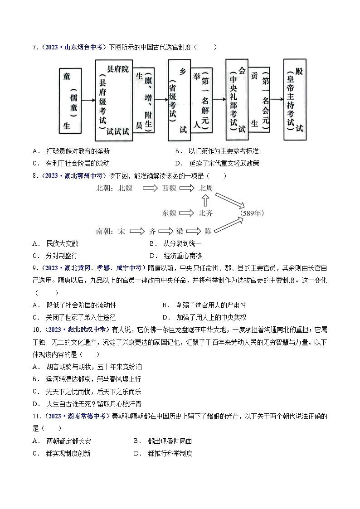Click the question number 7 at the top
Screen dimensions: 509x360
pos(35,47)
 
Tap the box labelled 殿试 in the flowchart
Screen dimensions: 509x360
pos(294,99)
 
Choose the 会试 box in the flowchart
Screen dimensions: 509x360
pos(237,99)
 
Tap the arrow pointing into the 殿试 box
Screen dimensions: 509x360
pos(277,99)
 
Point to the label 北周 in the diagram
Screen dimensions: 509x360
pos(205,188)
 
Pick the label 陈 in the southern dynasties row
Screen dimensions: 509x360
pos(208,231)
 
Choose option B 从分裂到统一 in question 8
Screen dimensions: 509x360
pos(182,243)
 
